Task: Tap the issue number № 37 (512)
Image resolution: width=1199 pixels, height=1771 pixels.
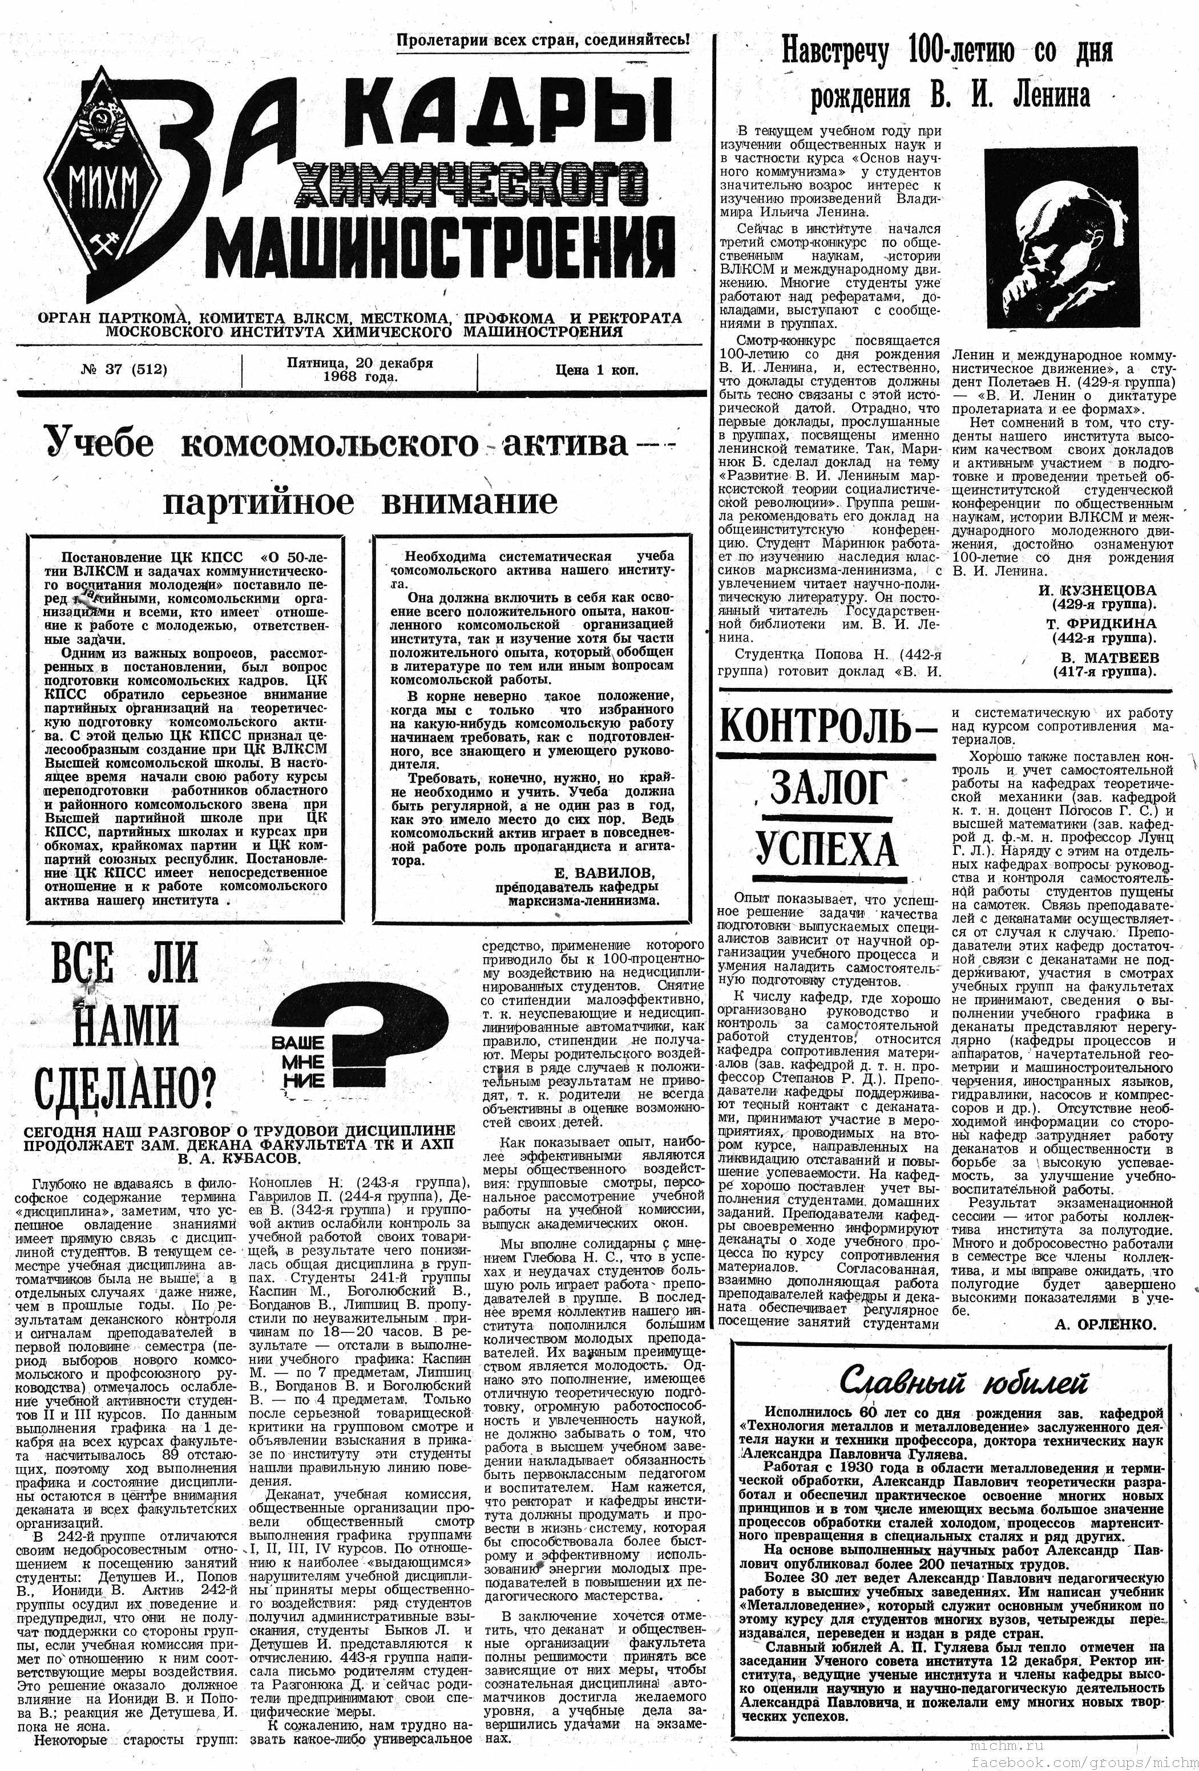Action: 123,370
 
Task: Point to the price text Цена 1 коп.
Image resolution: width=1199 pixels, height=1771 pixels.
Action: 597,370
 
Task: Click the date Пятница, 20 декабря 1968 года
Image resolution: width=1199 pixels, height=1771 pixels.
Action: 360,370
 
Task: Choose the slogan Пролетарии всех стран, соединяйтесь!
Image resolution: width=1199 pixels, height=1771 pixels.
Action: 542,39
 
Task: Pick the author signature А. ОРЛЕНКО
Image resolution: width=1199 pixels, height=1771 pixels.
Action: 1105,1325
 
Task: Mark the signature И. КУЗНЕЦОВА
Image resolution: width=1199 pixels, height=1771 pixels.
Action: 1096,590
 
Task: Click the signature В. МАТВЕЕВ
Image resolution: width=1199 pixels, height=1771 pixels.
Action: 1109,657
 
